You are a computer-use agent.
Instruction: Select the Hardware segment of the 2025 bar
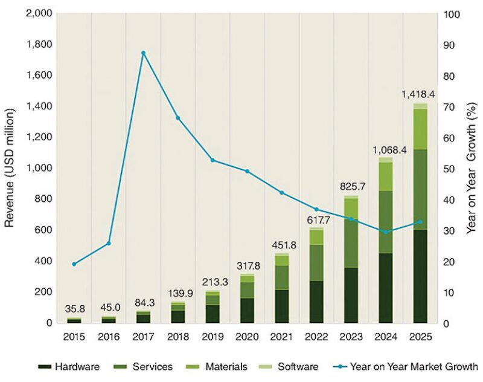420,276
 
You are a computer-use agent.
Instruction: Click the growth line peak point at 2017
143,53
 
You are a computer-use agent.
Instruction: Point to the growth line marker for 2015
74,264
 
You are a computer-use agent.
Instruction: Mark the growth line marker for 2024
385,232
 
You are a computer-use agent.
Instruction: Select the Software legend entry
292,366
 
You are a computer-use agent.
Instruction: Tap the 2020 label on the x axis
247,334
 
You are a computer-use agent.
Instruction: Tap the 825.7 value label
351,187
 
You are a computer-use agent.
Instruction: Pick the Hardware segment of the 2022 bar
316,302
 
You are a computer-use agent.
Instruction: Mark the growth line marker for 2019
213,160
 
